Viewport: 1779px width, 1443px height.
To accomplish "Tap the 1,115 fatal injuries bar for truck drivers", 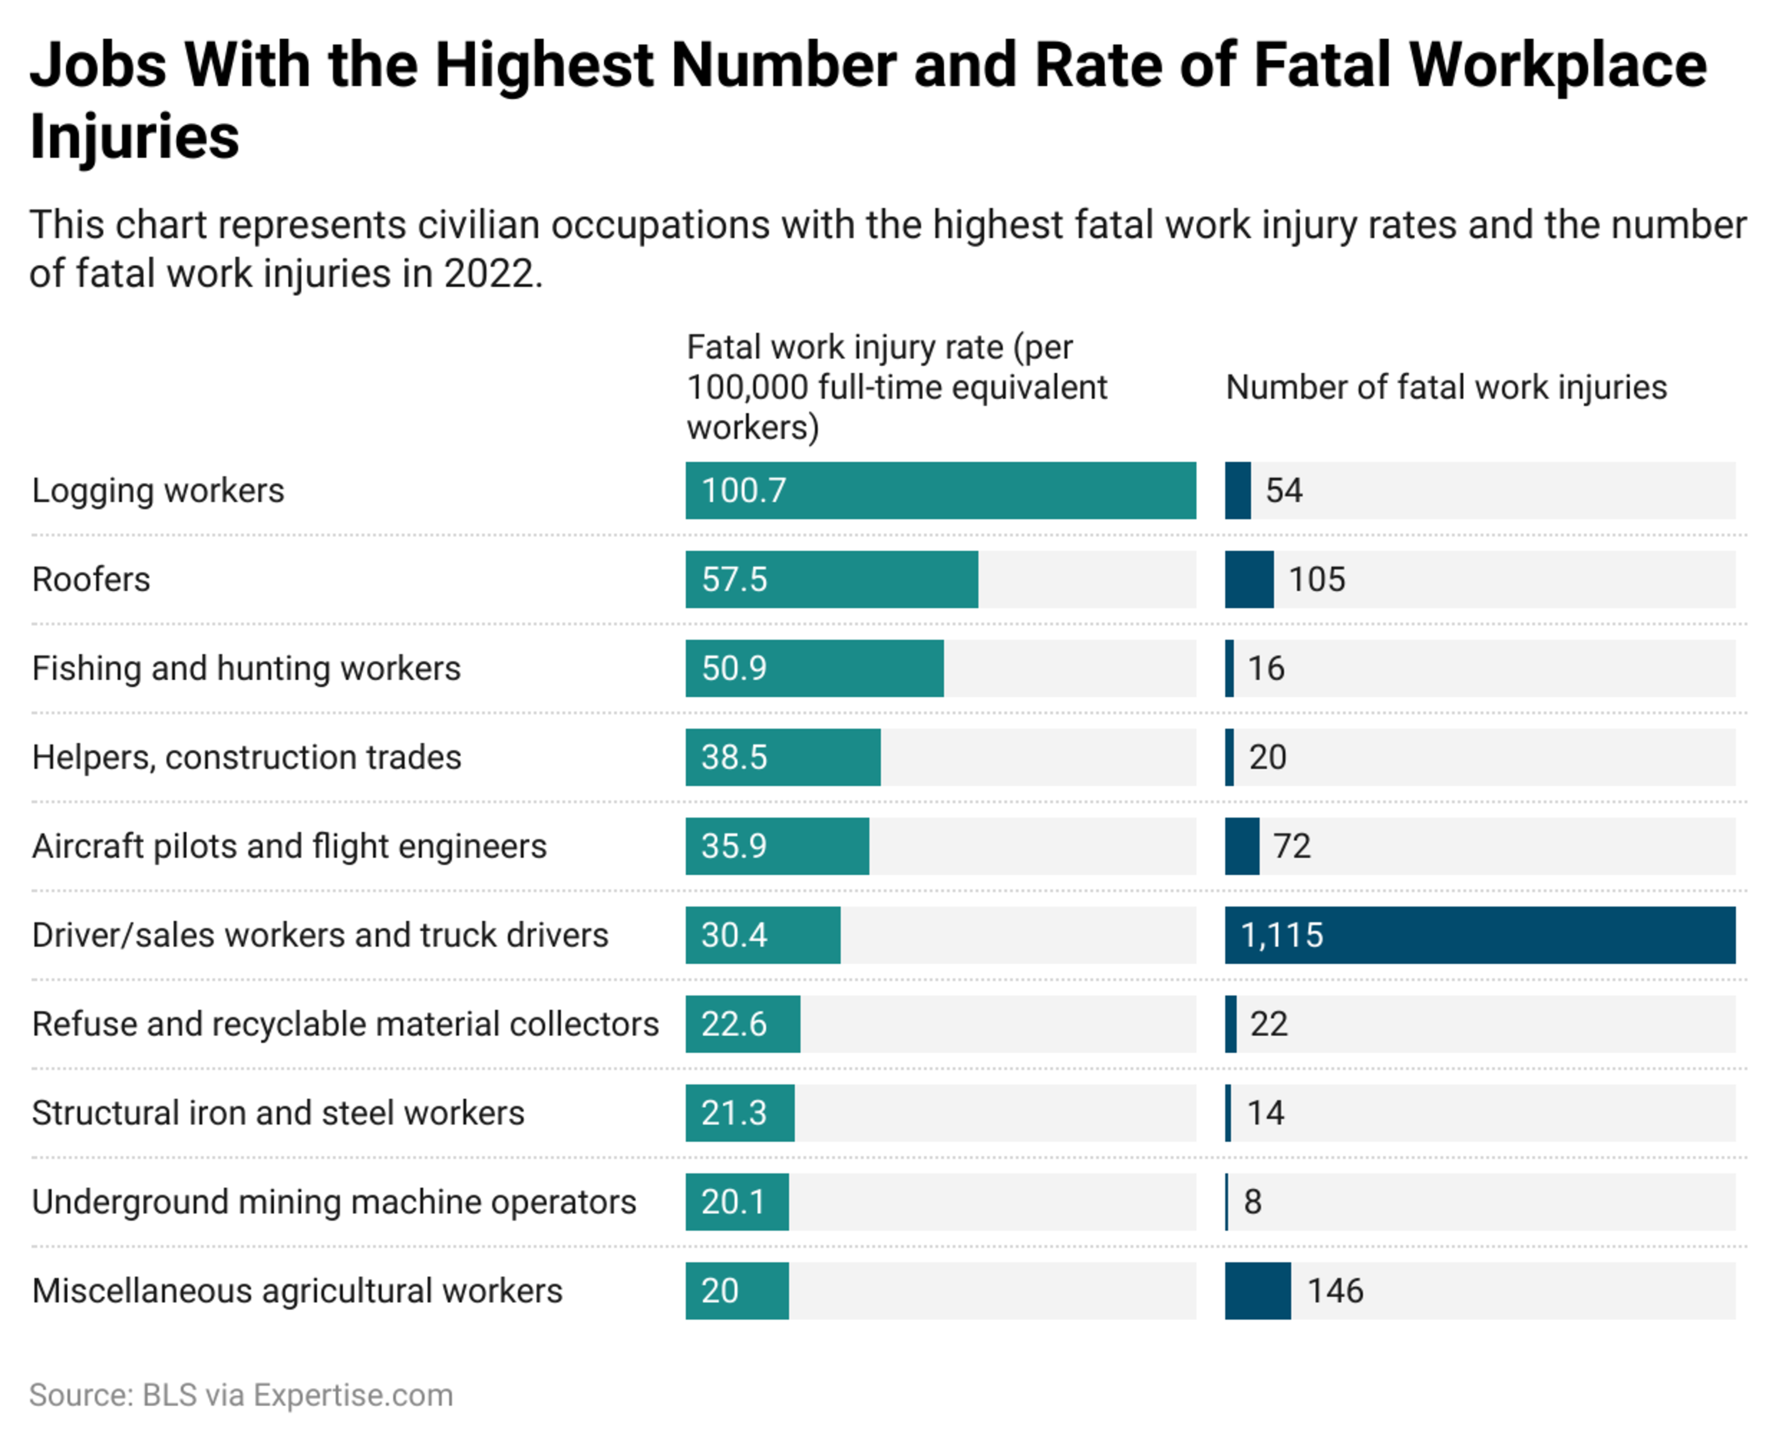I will [1480, 935].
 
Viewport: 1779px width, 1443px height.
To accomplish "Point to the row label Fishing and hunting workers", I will [246, 668].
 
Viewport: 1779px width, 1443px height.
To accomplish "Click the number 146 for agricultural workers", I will [1335, 1291].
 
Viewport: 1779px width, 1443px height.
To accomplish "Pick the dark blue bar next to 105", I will [1249, 580].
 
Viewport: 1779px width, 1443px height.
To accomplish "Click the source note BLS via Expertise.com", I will [241, 1395].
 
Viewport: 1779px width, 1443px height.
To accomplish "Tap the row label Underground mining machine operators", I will [334, 1202].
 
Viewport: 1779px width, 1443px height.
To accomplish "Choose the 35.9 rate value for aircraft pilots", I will [733, 846].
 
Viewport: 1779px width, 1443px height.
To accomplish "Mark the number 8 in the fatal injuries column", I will [1252, 1202].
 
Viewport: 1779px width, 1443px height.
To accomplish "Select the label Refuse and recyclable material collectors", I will [345, 1024].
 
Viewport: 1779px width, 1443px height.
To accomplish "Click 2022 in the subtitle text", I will [489, 273].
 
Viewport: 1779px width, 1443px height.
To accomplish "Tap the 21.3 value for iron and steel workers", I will [733, 1113].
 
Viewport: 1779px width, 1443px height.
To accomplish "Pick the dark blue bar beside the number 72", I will [1242, 846].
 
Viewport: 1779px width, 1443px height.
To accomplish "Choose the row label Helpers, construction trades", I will [246, 757].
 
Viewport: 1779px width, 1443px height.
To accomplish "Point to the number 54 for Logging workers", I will [1284, 491].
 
